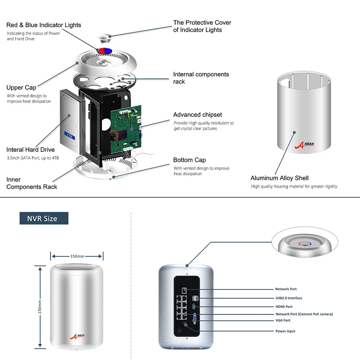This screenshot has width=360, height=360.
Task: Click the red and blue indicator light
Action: click(x=105, y=51)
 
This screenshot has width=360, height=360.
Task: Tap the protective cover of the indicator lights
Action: click(x=105, y=38)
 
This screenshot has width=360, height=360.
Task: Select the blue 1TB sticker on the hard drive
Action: click(x=70, y=136)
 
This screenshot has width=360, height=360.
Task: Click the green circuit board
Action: click(x=126, y=130)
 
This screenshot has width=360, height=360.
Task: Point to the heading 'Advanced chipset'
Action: click(x=198, y=115)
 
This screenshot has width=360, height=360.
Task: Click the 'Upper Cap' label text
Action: click(x=21, y=87)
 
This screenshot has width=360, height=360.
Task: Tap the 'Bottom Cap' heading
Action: click(x=189, y=160)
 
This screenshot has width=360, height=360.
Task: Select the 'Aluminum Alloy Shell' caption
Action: click(x=279, y=178)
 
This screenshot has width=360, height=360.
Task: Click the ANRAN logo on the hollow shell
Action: click(x=304, y=145)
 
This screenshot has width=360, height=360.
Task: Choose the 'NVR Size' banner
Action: click(x=44, y=218)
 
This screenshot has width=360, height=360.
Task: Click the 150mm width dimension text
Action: click(x=77, y=256)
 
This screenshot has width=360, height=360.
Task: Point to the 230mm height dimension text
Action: click(x=40, y=307)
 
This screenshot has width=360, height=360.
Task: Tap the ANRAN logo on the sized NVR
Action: click(x=77, y=337)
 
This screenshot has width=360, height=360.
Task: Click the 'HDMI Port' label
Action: click(x=284, y=306)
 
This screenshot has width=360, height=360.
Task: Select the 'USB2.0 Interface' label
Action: click(x=289, y=298)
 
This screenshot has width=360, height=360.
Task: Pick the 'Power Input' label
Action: click(x=285, y=331)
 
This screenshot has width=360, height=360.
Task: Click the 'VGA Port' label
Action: click(x=283, y=320)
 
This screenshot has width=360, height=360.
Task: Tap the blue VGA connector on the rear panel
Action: click(x=195, y=319)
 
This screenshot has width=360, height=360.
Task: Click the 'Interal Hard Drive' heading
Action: click(x=30, y=150)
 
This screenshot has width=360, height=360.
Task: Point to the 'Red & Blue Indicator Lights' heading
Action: click(x=43, y=25)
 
